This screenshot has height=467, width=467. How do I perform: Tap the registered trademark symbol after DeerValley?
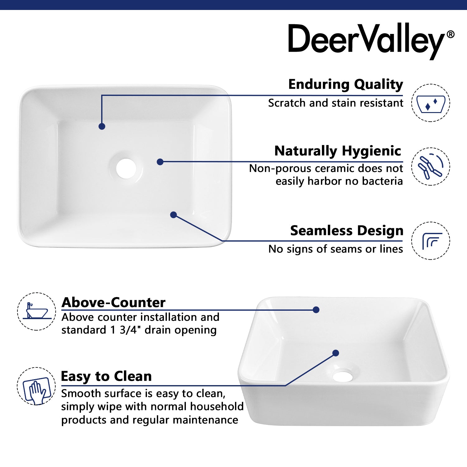click(450, 34)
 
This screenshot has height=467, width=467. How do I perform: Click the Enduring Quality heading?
click(346, 84)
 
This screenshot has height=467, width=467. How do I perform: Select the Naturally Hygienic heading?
click(338, 151)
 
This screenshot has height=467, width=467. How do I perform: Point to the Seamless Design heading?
click(347, 231)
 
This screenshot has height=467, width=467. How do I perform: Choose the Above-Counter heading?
click(113, 302)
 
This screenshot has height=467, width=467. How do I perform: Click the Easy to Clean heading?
click(106, 376)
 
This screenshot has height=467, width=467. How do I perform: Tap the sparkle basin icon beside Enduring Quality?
click(431, 103)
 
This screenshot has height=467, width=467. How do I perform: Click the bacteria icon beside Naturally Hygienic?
click(431, 167)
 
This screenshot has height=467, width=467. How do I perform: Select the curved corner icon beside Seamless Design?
click(431, 241)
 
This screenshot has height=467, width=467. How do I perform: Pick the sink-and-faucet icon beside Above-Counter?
click(36, 311)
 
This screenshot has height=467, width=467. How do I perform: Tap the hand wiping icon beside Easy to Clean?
click(36, 386)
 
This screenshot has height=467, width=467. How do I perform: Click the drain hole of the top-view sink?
click(126, 169)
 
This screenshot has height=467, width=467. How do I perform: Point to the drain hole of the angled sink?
click(342, 376)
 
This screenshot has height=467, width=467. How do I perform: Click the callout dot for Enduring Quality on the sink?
click(102, 126)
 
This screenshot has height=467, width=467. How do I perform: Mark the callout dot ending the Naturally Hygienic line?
click(160, 162)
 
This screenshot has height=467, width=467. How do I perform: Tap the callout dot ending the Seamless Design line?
click(174, 215)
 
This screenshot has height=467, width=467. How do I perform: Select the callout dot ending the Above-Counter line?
click(316, 310)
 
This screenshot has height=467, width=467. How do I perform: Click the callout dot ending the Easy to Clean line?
click(336, 353)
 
